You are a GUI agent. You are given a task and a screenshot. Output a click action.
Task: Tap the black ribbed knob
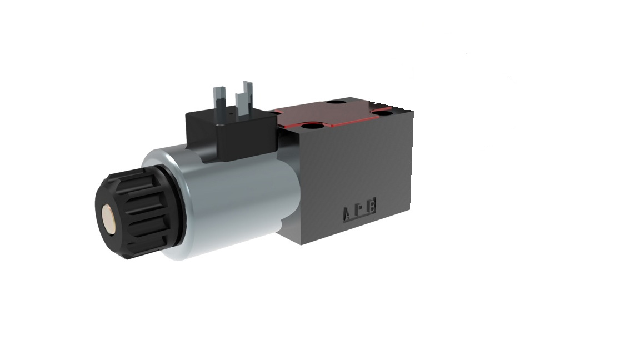pyautogui.click(x=134, y=214)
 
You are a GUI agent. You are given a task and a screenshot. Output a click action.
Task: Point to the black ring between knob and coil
pyautogui.click(x=176, y=208)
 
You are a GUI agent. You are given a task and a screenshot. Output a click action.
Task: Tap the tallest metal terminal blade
pyautogui.click(x=247, y=94)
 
